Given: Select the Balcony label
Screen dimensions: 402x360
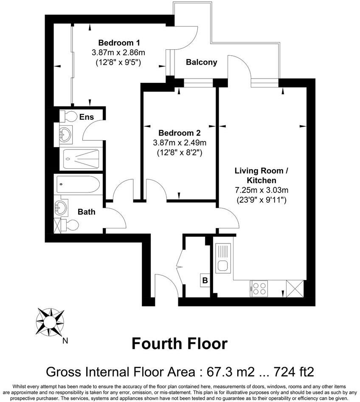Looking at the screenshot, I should [x=202, y=62].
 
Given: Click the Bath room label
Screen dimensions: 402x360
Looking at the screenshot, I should [x=86, y=211].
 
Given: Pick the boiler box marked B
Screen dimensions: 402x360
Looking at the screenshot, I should [x=205, y=280].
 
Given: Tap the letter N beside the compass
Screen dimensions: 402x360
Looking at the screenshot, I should [x=65, y=340].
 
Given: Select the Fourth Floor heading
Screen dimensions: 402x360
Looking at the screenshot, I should [x=180, y=343].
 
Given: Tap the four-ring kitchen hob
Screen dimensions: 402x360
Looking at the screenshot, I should [x=259, y=288].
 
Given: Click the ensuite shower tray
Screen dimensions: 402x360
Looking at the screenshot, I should [x=81, y=160].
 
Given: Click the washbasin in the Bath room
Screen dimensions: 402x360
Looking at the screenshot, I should [x=60, y=208].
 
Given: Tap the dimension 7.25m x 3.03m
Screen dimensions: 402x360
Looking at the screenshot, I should [x=261, y=190].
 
